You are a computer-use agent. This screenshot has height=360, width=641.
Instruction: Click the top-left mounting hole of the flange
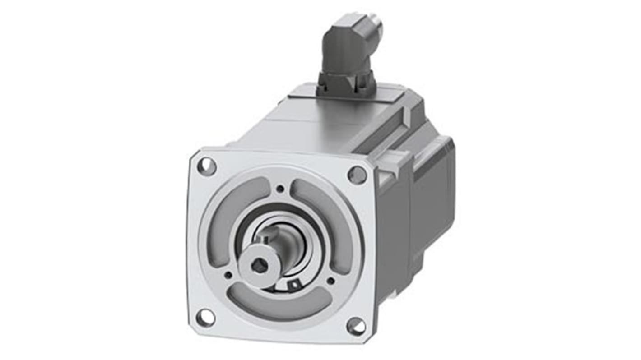tap(207, 166)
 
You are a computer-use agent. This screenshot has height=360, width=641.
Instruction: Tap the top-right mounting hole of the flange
tap(357, 175)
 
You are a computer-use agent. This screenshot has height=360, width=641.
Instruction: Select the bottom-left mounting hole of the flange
tap(205, 318)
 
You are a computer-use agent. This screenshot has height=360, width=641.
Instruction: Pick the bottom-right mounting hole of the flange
tap(356, 326)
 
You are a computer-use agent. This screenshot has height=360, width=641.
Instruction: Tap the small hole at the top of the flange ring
tap(281, 189)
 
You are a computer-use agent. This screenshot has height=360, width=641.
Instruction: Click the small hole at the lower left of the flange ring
tap(228, 274)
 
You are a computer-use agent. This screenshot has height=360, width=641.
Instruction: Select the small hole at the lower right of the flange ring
tap(331, 281)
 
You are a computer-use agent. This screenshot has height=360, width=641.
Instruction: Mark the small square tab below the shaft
tap(294, 284)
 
